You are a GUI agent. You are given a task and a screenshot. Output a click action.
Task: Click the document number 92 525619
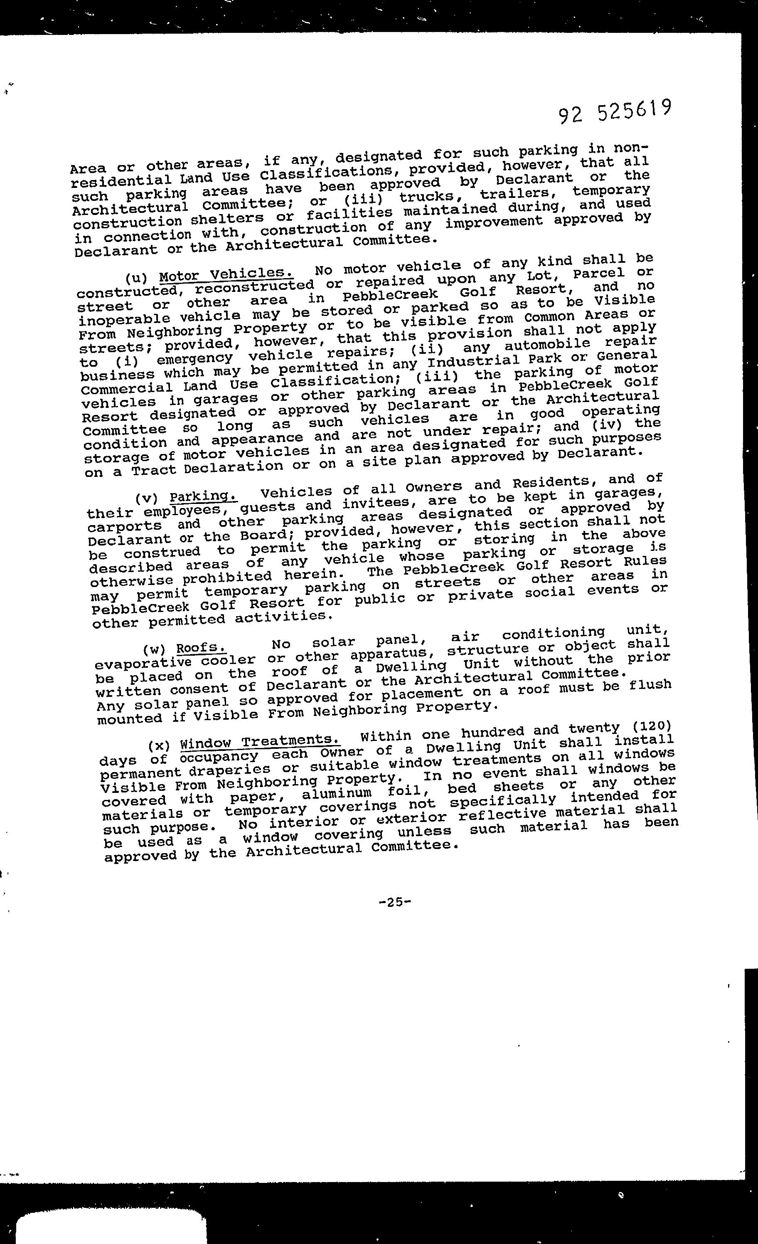pyautogui.click(x=615, y=112)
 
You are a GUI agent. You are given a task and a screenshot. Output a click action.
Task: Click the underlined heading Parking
pyautogui.click(x=203, y=497)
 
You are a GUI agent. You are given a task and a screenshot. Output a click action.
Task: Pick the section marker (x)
pyautogui.click(x=159, y=745)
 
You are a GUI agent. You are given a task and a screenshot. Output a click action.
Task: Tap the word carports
pyautogui.click(x=125, y=526)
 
